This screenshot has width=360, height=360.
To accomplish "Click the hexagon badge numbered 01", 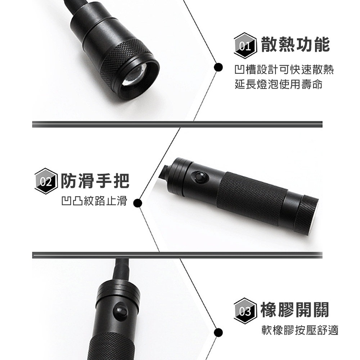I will (245, 46).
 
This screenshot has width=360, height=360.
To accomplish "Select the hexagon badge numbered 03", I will (245, 311).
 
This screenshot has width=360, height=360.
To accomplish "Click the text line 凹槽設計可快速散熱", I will (284, 69).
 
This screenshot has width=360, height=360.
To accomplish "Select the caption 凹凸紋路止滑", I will (94, 201).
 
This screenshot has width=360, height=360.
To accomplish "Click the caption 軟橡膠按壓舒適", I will (300, 330).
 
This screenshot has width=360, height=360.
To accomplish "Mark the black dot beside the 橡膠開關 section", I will (217, 332).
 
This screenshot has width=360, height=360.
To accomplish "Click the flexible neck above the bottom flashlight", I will (120, 270).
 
